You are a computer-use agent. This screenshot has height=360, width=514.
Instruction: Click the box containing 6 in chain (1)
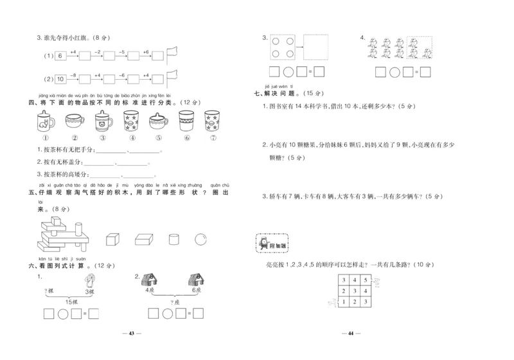60,57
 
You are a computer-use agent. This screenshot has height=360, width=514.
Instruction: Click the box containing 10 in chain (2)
60,79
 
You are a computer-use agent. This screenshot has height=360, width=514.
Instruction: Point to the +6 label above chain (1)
145,51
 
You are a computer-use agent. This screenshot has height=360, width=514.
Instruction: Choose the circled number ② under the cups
74,138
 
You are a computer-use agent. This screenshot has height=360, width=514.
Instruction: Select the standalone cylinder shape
173,240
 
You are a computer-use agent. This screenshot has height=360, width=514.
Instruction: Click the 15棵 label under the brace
71,301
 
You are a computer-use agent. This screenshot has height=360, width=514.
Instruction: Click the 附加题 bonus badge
272,244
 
